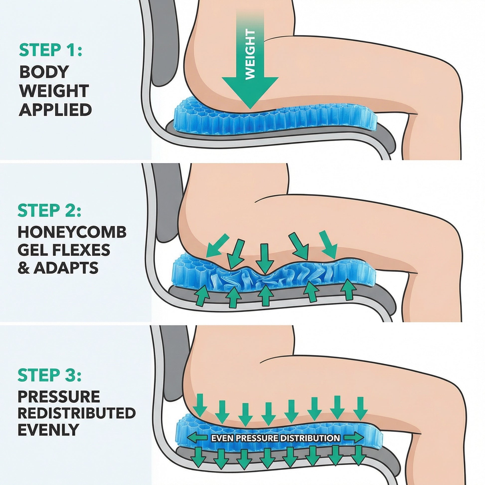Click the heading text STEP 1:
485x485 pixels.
click(x=50, y=50)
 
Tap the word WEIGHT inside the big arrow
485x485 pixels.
click(x=250, y=55)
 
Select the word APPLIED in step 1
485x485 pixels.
click(x=55, y=110)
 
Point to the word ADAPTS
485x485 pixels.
click(x=66, y=268)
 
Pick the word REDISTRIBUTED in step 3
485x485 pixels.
click(x=77, y=413)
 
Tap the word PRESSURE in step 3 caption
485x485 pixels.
click(x=59, y=396)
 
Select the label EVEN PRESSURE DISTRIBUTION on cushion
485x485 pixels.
click(x=275, y=438)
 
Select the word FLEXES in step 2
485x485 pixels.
click(x=83, y=250)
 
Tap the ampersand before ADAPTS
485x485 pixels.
click(x=23, y=268)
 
